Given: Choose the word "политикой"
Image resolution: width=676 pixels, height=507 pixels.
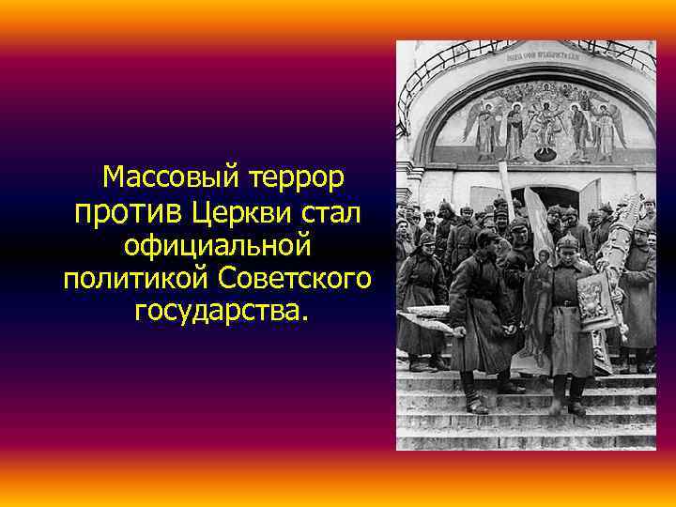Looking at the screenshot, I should [x=137, y=280].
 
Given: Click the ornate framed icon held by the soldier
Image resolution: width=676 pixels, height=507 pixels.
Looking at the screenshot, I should [x=593, y=301].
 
